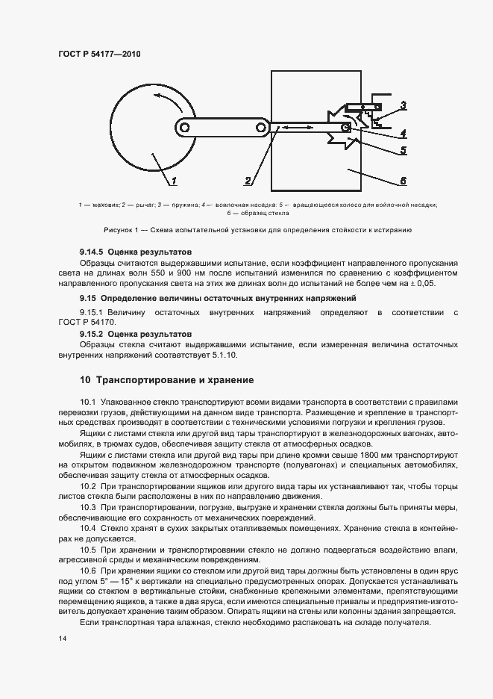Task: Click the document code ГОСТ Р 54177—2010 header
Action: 98,55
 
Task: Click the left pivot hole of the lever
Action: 183,128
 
